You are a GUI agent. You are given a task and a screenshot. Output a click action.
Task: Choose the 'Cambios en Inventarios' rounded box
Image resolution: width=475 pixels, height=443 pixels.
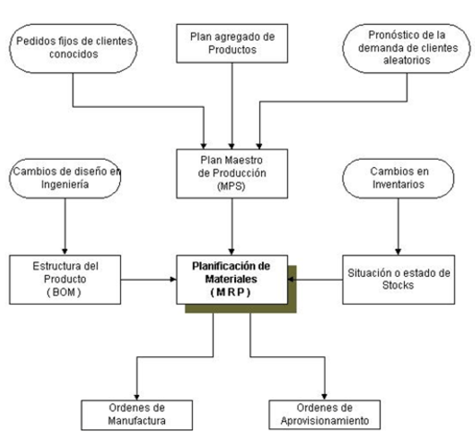tap(398, 176)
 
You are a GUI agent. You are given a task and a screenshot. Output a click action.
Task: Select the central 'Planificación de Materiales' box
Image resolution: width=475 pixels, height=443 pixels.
tap(235, 278)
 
